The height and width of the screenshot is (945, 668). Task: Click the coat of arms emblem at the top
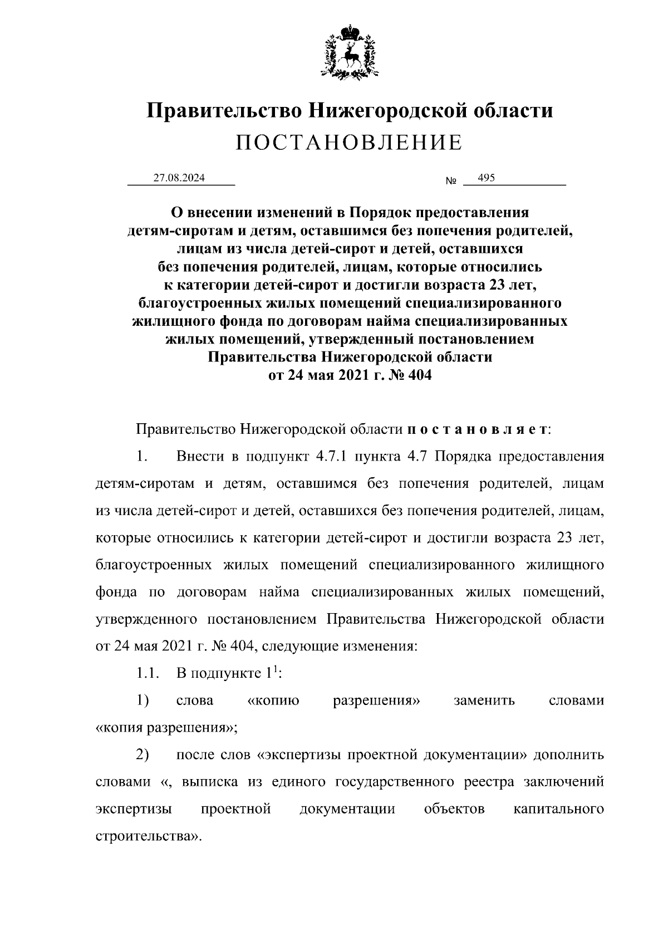pos(349,52)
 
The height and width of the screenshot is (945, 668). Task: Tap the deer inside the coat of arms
pos(349,56)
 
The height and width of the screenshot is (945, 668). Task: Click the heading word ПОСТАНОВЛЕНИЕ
pos(349,143)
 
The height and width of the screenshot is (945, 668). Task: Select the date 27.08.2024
pos(179,178)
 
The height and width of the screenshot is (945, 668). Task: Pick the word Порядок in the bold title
pos(382,212)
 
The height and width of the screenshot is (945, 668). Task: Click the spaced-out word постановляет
pos(478,430)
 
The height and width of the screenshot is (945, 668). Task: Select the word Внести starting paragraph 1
pos(200,457)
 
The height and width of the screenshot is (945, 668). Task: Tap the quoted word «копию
pos(273,701)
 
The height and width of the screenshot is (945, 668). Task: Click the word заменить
pos(484,701)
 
